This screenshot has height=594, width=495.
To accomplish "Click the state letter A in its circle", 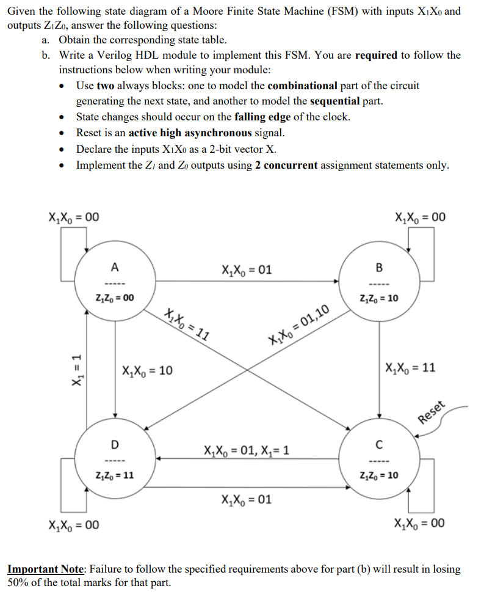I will pyautogui.click(x=115, y=266).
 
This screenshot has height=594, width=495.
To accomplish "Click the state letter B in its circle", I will pyautogui.click(x=380, y=267).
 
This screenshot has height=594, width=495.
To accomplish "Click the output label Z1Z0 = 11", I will pyautogui.click(x=115, y=475).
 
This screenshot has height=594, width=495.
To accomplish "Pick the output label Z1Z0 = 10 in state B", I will pyautogui.click(x=380, y=298).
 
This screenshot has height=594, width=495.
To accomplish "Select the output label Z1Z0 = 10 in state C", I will pyautogui.click(x=380, y=475).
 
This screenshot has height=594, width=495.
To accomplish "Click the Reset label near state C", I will pyautogui.click(x=434, y=414).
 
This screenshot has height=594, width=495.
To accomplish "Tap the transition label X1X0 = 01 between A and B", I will pyautogui.click(x=247, y=269).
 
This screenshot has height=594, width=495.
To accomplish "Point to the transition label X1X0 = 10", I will pyautogui.click(x=147, y=370).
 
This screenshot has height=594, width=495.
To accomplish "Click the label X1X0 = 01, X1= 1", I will pyautogui.click(x=247, y=451).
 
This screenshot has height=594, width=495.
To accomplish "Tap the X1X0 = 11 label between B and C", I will pyautogui.click(x=411, y=369).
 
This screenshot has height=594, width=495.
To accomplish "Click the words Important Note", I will pyautogui.click(x=48, y=569).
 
